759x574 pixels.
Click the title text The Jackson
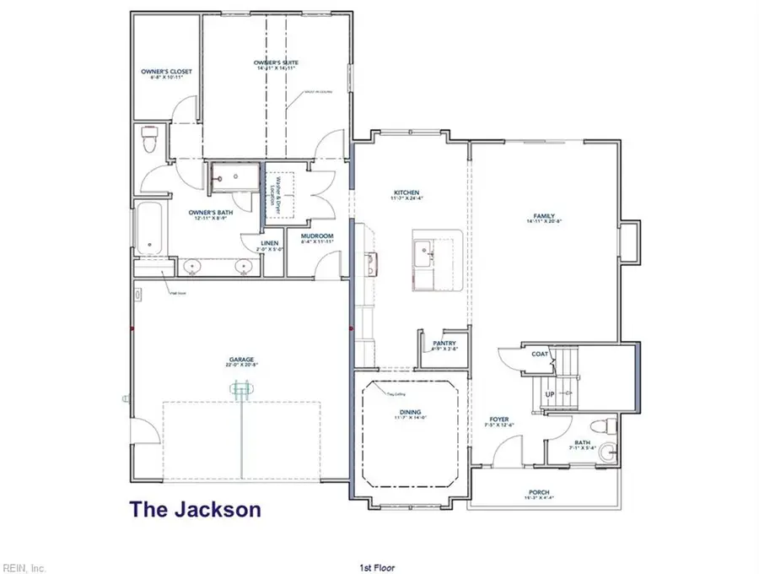[195, 509]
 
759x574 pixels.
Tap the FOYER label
[499, 420]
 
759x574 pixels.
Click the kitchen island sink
[424, 249]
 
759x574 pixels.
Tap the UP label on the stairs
[550, 394]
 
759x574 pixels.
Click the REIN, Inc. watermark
[24, 566]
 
